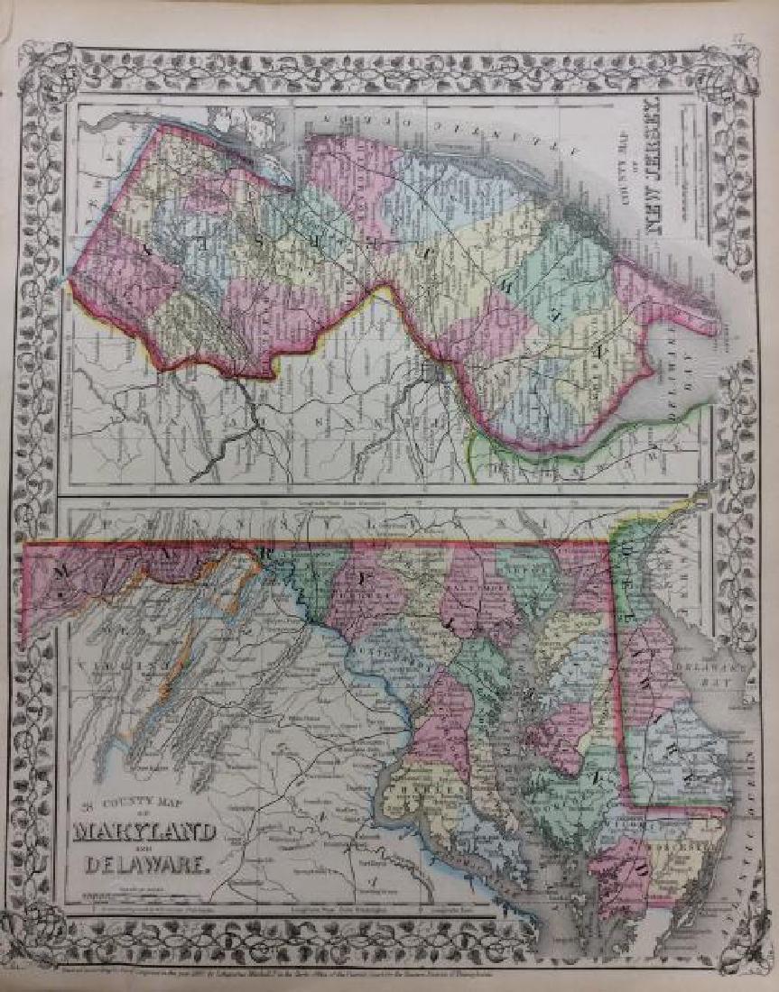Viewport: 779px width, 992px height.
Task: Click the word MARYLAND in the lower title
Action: point(146,831)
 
